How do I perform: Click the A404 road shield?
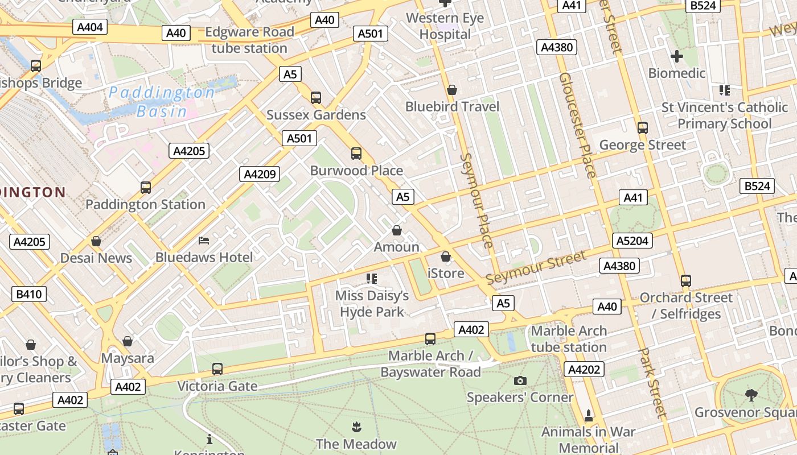90,27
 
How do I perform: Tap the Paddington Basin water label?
162,101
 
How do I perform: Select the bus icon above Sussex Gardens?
316,97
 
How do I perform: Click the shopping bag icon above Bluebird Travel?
452,90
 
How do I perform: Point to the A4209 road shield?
260,174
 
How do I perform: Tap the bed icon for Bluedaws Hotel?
204,241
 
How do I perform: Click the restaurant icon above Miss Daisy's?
372,278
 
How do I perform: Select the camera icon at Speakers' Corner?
520,380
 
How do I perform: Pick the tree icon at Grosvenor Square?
751,395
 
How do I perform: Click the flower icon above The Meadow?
356,427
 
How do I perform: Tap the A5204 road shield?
632,241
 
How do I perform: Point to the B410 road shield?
29,294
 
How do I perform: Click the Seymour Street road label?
536,268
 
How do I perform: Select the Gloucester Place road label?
577,125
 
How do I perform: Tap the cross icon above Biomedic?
677,56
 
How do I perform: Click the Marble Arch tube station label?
569,339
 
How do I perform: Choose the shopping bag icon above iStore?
446,257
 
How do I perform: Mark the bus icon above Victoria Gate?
217,369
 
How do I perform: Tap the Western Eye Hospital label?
445,26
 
